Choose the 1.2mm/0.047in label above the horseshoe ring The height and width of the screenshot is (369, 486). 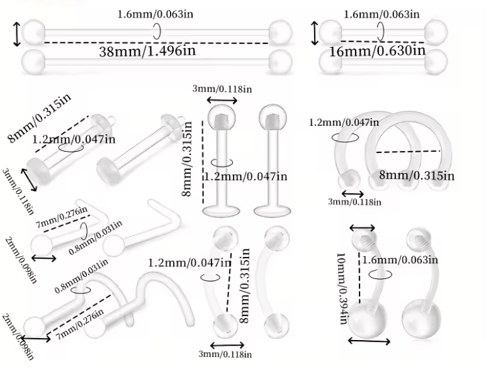click(x=344, y=122)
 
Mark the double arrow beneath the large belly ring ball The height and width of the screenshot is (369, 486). click(x=368, y=341)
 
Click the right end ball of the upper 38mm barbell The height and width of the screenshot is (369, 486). click(x=280, y=31)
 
